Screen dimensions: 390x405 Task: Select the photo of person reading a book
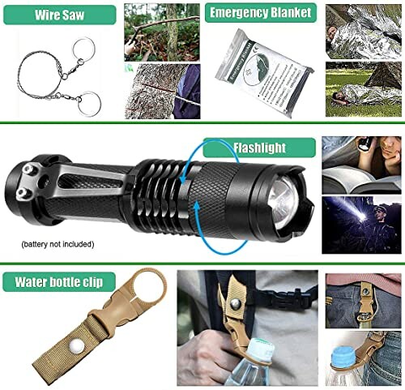tap(360, 163)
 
